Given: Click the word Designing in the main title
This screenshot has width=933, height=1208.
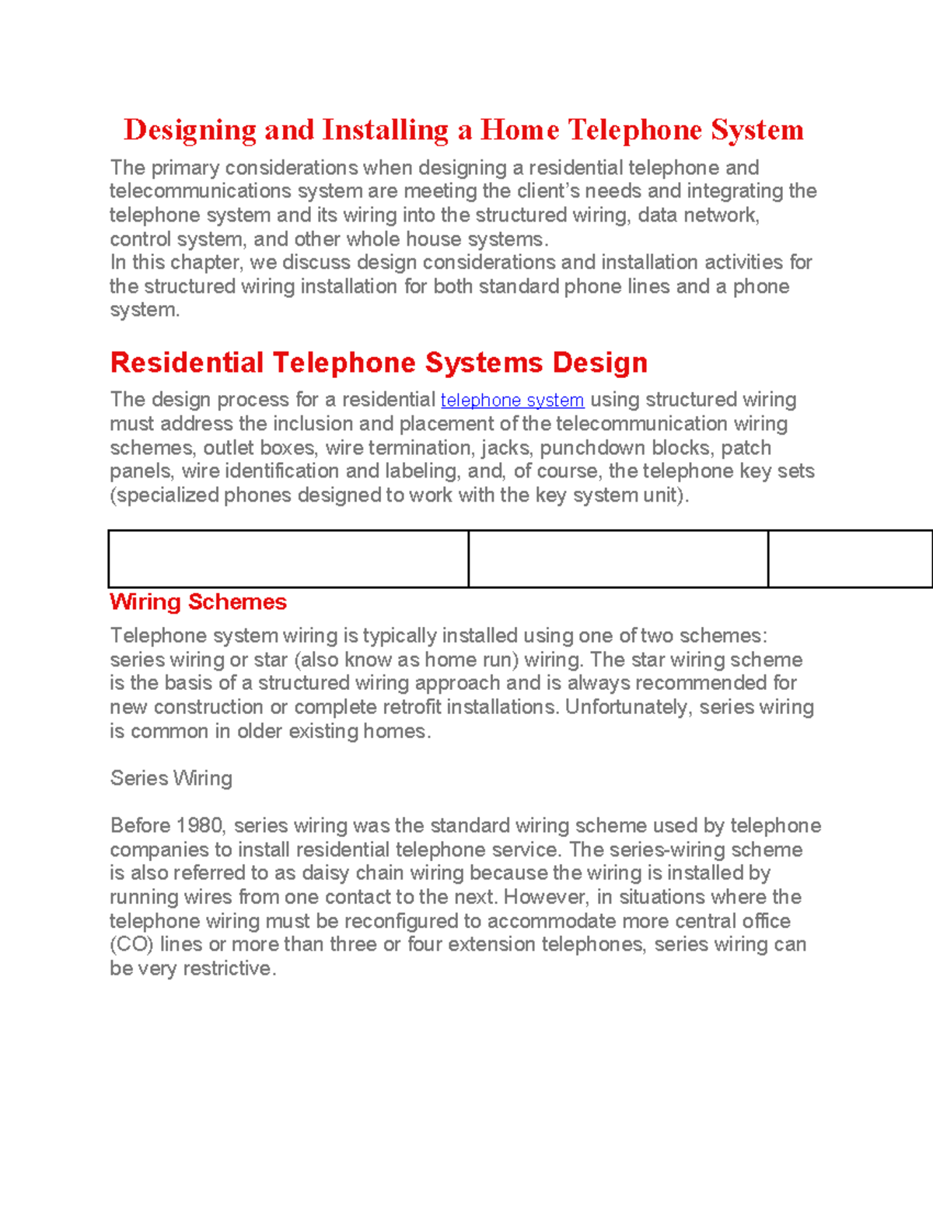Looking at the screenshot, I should click(x=190, y=130).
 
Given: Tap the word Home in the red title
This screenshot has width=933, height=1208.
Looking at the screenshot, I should click(x=519, y=130).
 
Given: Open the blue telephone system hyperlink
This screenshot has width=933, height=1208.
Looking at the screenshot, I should click(x=512, y=400).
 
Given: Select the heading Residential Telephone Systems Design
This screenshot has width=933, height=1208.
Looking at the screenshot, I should click(x=379, y=362).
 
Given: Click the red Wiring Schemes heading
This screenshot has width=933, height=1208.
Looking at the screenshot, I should click(x=198, y=602).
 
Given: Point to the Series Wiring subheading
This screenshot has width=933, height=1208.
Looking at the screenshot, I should click(x=171, y=778).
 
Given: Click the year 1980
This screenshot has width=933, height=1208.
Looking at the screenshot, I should click(x=200, y=825).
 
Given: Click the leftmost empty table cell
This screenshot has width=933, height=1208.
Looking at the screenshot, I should click(x=288, y=558).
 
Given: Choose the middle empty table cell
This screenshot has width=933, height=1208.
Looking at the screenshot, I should click(x=618, y=558).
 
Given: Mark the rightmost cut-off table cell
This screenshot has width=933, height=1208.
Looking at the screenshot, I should click(x=850, y=558).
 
